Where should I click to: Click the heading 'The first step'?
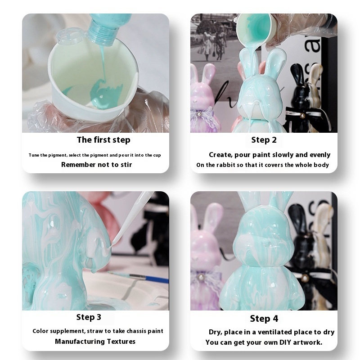pos(103,140)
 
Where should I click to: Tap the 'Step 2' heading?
pos(264,140)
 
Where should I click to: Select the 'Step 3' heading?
pos(89,317)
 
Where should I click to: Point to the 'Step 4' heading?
pos(264,319)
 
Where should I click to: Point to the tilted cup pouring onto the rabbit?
pos(254,30)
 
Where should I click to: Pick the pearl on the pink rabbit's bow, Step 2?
pos(199,114)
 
